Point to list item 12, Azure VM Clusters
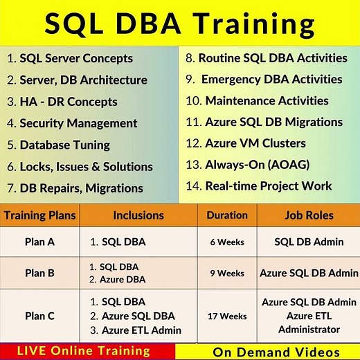[x=255, y=143]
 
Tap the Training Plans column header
[x=39, y=215]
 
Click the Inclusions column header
[x=138, y=215]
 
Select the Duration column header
[x=227, y=215]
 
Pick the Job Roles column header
[x=309, y=215]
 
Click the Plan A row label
[x=39, y=242]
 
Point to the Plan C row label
[x=39, y=316]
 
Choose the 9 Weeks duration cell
[x=227, y=273]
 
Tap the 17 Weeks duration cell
[x=227, y=316]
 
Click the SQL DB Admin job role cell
[x=309, y=242]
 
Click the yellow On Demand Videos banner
[x=267, y=351]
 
